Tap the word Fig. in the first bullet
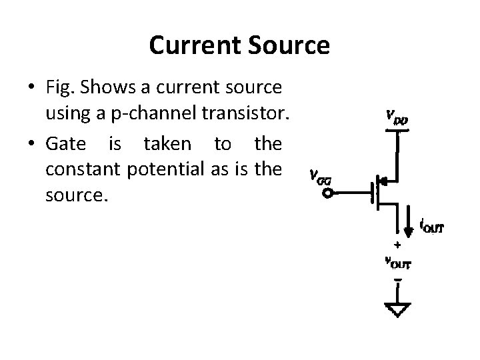pos(59,87)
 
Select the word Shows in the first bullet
pos(101,87)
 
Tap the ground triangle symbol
pos(397,309)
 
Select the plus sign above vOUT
pos(397,245)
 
